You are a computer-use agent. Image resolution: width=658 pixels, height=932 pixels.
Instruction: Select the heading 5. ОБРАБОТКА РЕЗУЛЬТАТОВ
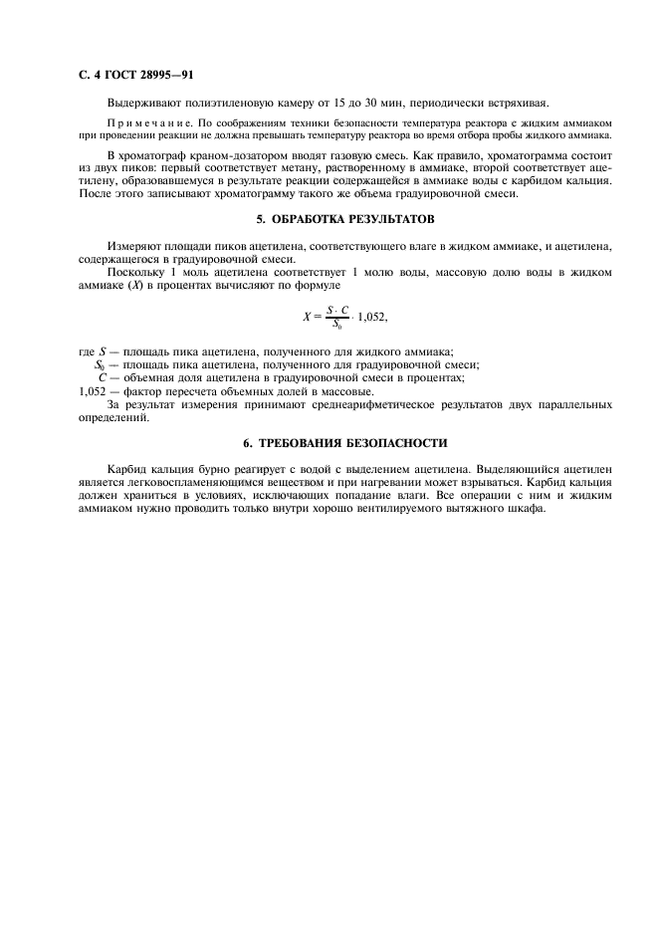point(345,218)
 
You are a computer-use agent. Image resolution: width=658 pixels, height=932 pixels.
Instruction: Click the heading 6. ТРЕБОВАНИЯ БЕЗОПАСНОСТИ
point(345,442)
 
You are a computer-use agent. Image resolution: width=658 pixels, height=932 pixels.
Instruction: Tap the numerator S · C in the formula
point(337,310)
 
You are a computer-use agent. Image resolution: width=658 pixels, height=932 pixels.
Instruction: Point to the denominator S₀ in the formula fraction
point(337,324)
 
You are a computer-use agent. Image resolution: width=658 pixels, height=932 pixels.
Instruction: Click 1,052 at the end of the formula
point(369,317)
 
